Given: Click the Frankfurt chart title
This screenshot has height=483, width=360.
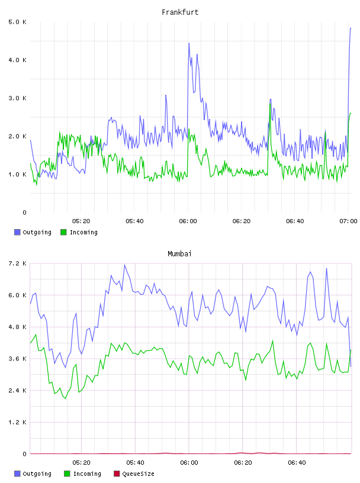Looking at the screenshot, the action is coord(180,12).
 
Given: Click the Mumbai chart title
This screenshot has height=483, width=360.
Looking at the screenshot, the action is coord(179,254).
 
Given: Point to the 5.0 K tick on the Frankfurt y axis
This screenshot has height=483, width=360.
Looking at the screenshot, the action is coord(17,22).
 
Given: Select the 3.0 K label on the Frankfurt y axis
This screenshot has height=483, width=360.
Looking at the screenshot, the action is coord(17,98).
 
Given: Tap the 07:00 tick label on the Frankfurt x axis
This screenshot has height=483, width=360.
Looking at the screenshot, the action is coord(348,221).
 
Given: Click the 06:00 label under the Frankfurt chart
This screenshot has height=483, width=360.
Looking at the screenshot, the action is coord(188,221).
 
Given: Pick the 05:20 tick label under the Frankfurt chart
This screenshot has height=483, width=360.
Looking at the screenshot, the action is coord(81,221).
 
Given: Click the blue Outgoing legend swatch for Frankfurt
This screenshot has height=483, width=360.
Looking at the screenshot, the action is coord(17,232).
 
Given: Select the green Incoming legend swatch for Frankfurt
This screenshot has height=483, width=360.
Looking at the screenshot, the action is coord(63,232).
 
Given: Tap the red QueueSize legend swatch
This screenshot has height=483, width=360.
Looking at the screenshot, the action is coord(117,474).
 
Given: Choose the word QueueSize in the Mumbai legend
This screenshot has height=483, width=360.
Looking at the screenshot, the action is coord(138,474).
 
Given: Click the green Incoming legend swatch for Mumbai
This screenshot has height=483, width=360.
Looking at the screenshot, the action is coord(67,474).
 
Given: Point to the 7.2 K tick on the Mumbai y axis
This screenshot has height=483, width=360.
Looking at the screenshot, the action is coord(17,263).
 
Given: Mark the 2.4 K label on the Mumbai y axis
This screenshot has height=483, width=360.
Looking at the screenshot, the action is coord(17,391).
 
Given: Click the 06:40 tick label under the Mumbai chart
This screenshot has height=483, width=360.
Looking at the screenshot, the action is coord(297,463).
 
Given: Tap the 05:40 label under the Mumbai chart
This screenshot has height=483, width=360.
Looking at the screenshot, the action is coord(136,463).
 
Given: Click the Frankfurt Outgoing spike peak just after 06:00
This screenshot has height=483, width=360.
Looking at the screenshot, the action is coord(189,43).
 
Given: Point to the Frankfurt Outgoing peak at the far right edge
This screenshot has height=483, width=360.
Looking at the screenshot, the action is coord(351,28).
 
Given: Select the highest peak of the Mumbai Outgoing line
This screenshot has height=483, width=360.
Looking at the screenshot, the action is coord(124,265).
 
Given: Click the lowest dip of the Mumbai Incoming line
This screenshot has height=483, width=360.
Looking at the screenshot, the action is coord(65,398).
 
